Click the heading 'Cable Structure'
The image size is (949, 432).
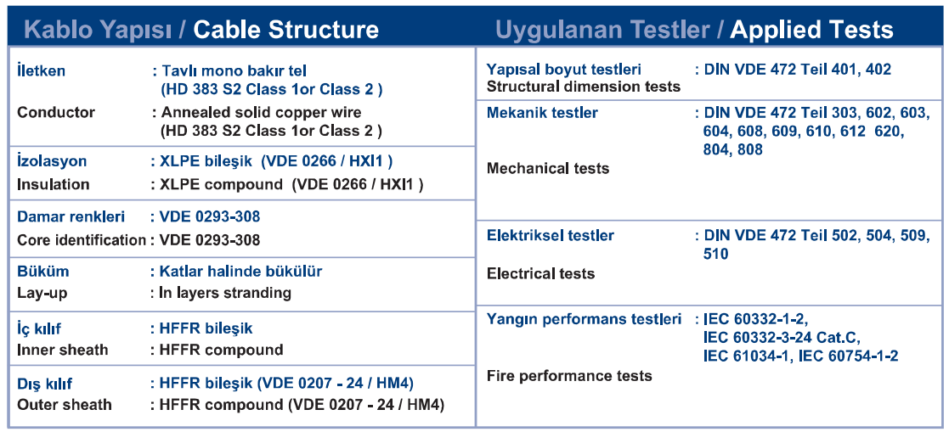click(285, 30)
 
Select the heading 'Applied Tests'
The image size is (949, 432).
click(811, 30)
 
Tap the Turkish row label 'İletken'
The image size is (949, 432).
click(41, 70)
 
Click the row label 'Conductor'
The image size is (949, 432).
click(56, 112)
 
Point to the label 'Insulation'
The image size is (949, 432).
click(54, 184)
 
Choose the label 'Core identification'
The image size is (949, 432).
click(82, 240)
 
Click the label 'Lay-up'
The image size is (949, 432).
click(42, 294)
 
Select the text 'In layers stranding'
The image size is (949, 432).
click(225, 294)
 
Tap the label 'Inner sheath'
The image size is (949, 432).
click(63, 350)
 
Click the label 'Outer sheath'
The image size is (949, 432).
click(65, 404)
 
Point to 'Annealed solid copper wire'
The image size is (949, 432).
click(260, 112)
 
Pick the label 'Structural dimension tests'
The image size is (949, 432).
click(584, 87)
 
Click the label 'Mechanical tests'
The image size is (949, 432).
click(548, 168)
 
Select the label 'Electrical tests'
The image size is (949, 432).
click(540, 273)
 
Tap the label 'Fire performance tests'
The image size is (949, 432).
click(569, 376)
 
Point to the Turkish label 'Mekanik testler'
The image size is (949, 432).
click(542, 113)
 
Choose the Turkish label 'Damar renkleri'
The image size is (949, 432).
click(71, 216)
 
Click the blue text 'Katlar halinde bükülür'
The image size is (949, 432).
click(240, 272)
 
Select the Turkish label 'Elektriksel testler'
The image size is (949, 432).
click(551, 235)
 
